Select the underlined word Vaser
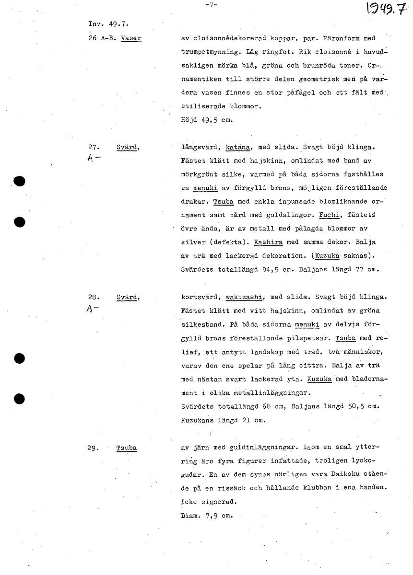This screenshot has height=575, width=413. tap(131, 38)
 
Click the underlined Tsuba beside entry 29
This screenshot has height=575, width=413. tap(126, 448)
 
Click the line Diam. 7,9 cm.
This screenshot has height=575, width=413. tap(203, 517)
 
